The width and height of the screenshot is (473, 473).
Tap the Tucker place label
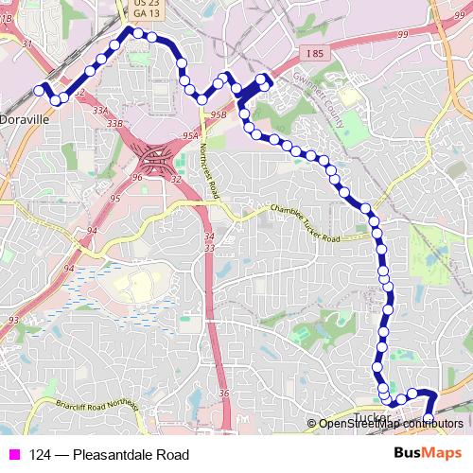370,416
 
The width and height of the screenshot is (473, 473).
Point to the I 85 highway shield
314,54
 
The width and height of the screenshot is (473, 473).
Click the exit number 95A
191,136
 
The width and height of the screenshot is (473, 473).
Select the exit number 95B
219,114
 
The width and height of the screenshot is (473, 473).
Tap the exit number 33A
100,111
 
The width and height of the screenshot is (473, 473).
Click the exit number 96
136,177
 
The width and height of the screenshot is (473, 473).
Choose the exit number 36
223,394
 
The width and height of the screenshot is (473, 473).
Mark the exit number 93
12,321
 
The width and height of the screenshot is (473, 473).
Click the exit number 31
26,44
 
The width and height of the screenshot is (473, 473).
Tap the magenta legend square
14,455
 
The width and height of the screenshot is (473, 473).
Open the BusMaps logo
429,454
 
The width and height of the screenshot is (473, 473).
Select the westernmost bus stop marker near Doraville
40,90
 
